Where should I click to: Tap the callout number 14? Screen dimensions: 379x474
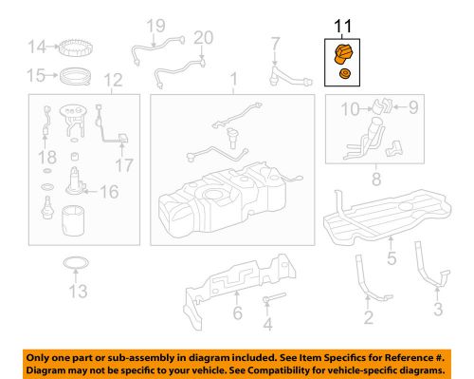click(x=36, y=47)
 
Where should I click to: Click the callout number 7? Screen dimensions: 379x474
click(x=275, y=42)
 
